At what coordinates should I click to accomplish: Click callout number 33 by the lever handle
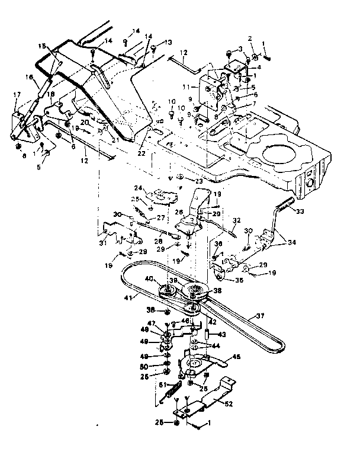(301, 211)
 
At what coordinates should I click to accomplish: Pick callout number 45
(237, 357)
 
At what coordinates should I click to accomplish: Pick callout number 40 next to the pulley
(150, 278)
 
